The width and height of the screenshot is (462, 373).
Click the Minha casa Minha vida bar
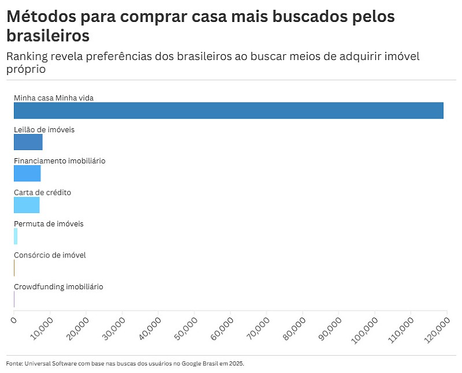click(x=228, y=110)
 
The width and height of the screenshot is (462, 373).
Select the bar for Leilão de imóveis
click(x=28, y=142)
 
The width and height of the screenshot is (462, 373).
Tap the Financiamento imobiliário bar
click(x=27, y=173)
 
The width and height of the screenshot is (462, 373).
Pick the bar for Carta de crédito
click(x=27, y=204)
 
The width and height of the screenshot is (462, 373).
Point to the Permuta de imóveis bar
click(x=16, y=236)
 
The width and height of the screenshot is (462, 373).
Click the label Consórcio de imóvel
click(x=50, y=255)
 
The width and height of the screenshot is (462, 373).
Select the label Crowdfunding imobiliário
click(x=58, y=286)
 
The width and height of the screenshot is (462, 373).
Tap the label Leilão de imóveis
click(x=44, y=130)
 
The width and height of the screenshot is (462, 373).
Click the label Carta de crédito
click(x=42, y=192)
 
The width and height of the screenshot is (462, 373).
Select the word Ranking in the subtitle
click(x=29, y=57)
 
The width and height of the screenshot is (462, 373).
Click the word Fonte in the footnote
click(x=14, y=364)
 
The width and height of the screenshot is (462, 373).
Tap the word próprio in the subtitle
click(x=26, y=69)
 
